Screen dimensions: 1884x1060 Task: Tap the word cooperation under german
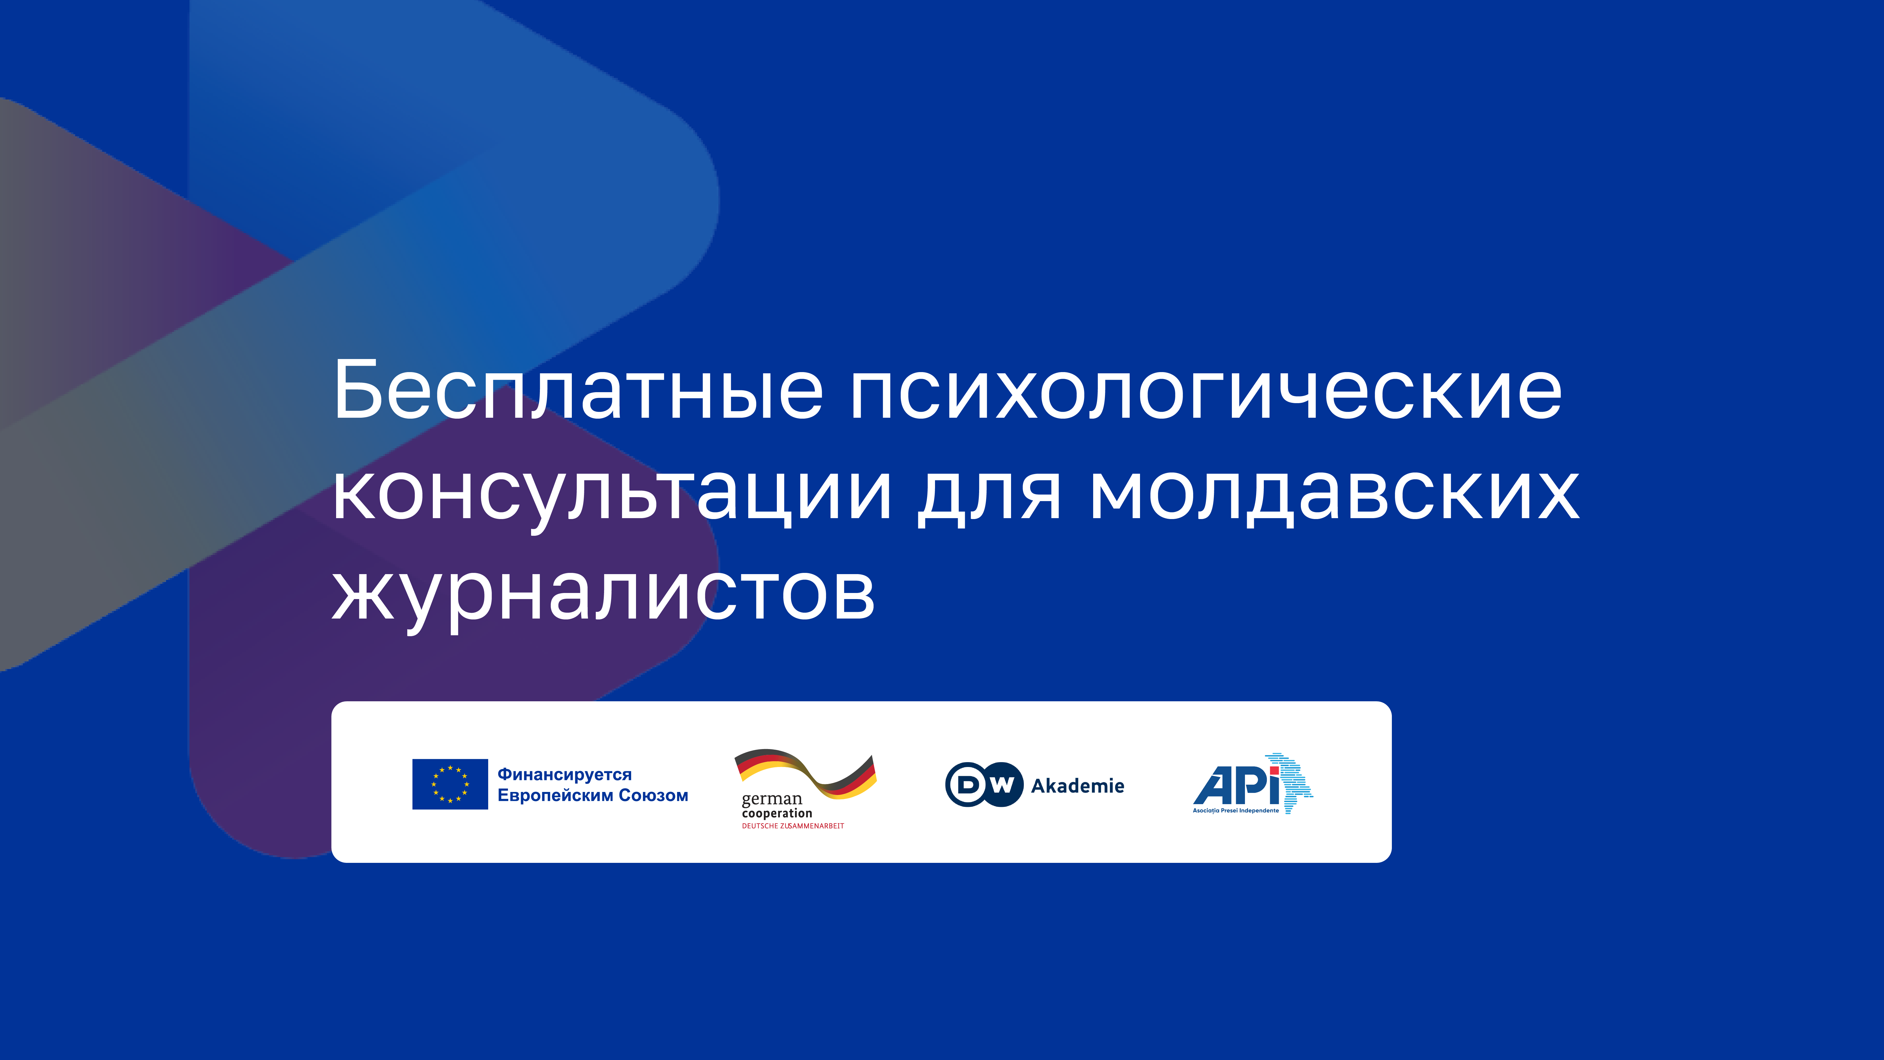[x=777, y=814]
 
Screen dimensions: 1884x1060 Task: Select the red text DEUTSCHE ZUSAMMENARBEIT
[x=793, y=826]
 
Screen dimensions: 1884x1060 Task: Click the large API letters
[x=1236, y=785]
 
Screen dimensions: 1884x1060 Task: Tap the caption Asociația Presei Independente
[x=1236, y=811]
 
